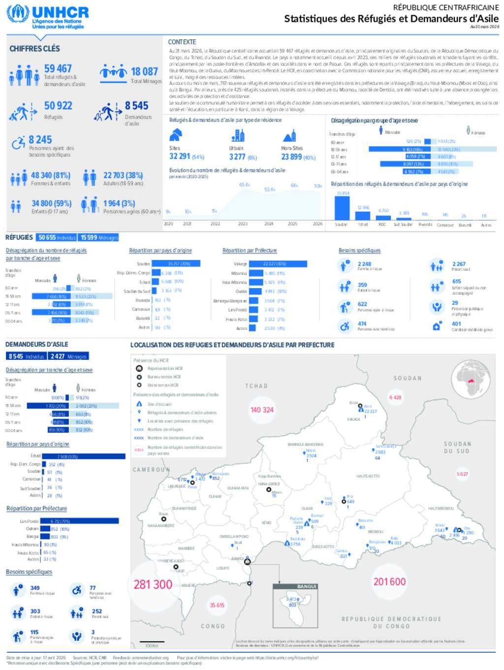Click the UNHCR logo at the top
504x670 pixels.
(48, 17)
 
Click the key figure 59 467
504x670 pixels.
(58, 69)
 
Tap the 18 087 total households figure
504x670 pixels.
(144, 72)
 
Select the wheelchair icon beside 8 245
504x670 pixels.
(19, 143)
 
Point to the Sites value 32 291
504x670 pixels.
(180, 156)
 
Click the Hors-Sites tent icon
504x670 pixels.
(289, 136)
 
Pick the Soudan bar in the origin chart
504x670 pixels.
(342, 208)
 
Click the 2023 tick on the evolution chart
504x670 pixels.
(243, 224)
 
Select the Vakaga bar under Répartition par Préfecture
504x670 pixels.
(278, 264)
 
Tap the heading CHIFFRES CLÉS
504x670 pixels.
(34, 49)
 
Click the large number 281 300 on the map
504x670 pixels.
(153, 584)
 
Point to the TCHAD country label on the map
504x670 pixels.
(256, 386)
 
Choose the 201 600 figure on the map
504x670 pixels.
(389, 582)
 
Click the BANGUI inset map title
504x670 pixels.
(307, 586)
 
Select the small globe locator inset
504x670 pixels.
(471, 379)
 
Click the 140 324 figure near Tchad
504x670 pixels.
(262, 409)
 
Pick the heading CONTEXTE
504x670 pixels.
(182, 42)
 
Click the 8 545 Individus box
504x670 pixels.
(27, 356)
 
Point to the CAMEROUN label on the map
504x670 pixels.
(151, 470)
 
